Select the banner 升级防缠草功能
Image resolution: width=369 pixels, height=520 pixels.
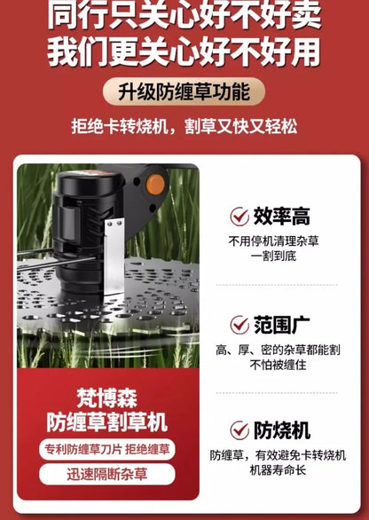[x=184, y=91]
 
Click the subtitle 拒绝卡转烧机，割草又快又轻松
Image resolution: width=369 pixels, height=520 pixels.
[x=184, y=126]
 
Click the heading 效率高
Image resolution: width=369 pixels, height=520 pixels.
[x=281, y=217]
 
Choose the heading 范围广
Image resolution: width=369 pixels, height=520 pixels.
[x=281, y=325]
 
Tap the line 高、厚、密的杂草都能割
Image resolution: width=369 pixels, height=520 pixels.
[x=277, y=351]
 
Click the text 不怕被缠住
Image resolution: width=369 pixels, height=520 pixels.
[x=276, y=366]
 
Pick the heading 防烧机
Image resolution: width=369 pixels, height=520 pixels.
[x=281, y=430]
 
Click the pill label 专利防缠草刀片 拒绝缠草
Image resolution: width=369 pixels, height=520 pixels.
[x=107, y=449]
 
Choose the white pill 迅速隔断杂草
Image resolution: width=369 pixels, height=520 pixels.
[x=107, y=475]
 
